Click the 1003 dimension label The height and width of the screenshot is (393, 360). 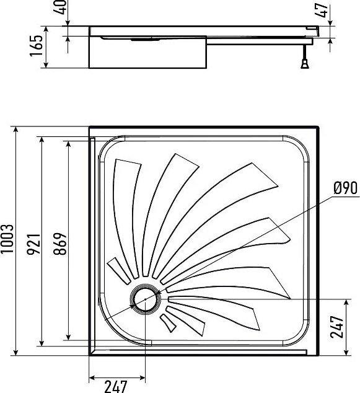(x=7, y=239)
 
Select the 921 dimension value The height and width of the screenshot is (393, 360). (x=33, y=244)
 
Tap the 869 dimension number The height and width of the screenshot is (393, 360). (x=61, y=244)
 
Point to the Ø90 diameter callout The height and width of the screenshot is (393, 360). (x=346, y=188)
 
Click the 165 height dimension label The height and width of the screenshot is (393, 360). (x=37, y=46)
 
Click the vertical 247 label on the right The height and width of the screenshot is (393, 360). (x=336, y=327)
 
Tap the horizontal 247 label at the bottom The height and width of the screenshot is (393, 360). (x=116, y=386)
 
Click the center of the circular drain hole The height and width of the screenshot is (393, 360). (x=145, y=299)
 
